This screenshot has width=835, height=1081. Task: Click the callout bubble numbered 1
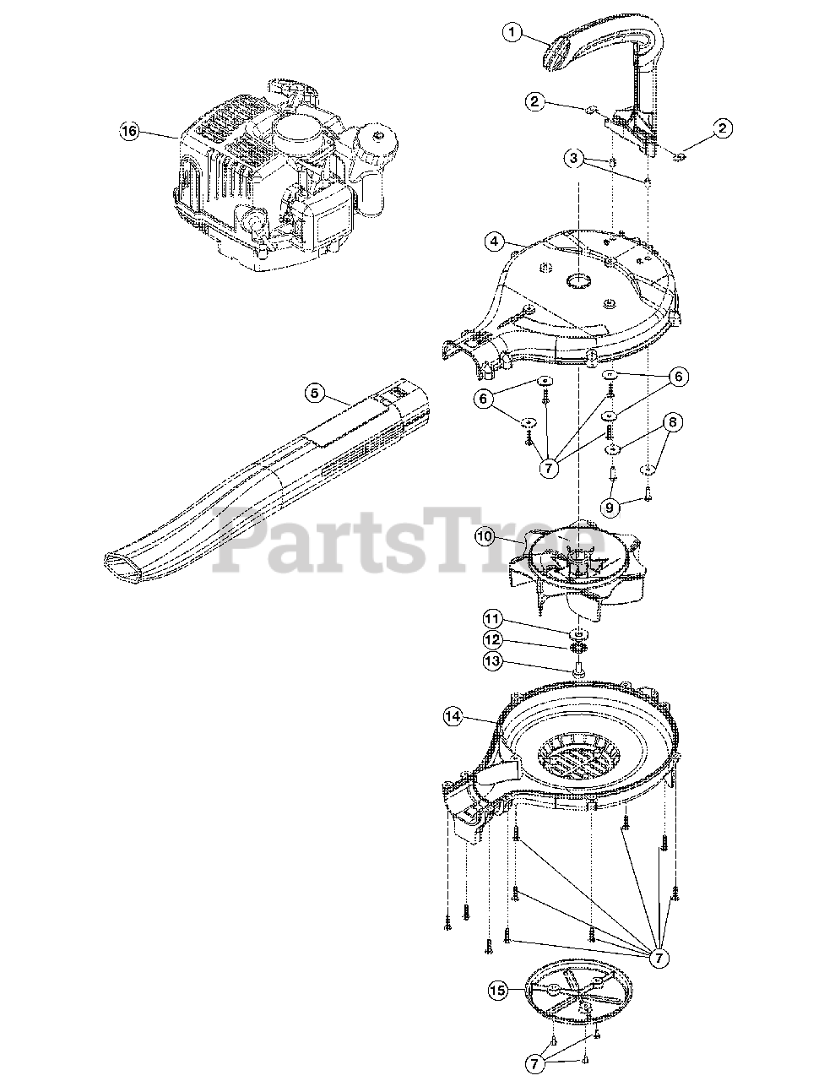[512, 33]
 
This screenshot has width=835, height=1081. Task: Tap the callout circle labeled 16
[129, 132]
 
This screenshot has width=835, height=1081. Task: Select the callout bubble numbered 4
[494, 242]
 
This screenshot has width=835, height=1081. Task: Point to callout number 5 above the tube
[314, 394]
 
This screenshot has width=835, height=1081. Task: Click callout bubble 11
[493, 619]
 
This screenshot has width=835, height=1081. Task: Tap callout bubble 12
[493, 640]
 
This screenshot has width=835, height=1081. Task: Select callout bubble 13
[493, 661]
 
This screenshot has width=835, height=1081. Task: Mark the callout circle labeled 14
[453, 717]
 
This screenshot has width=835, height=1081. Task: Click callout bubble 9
[610, 508]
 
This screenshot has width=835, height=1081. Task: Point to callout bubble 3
[574, 158]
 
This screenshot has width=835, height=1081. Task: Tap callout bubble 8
[673, 422]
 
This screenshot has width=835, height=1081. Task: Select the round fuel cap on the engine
[377, 141]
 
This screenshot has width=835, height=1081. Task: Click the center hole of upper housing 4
[579, 282]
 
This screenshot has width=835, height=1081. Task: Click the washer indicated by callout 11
[579, 634]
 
